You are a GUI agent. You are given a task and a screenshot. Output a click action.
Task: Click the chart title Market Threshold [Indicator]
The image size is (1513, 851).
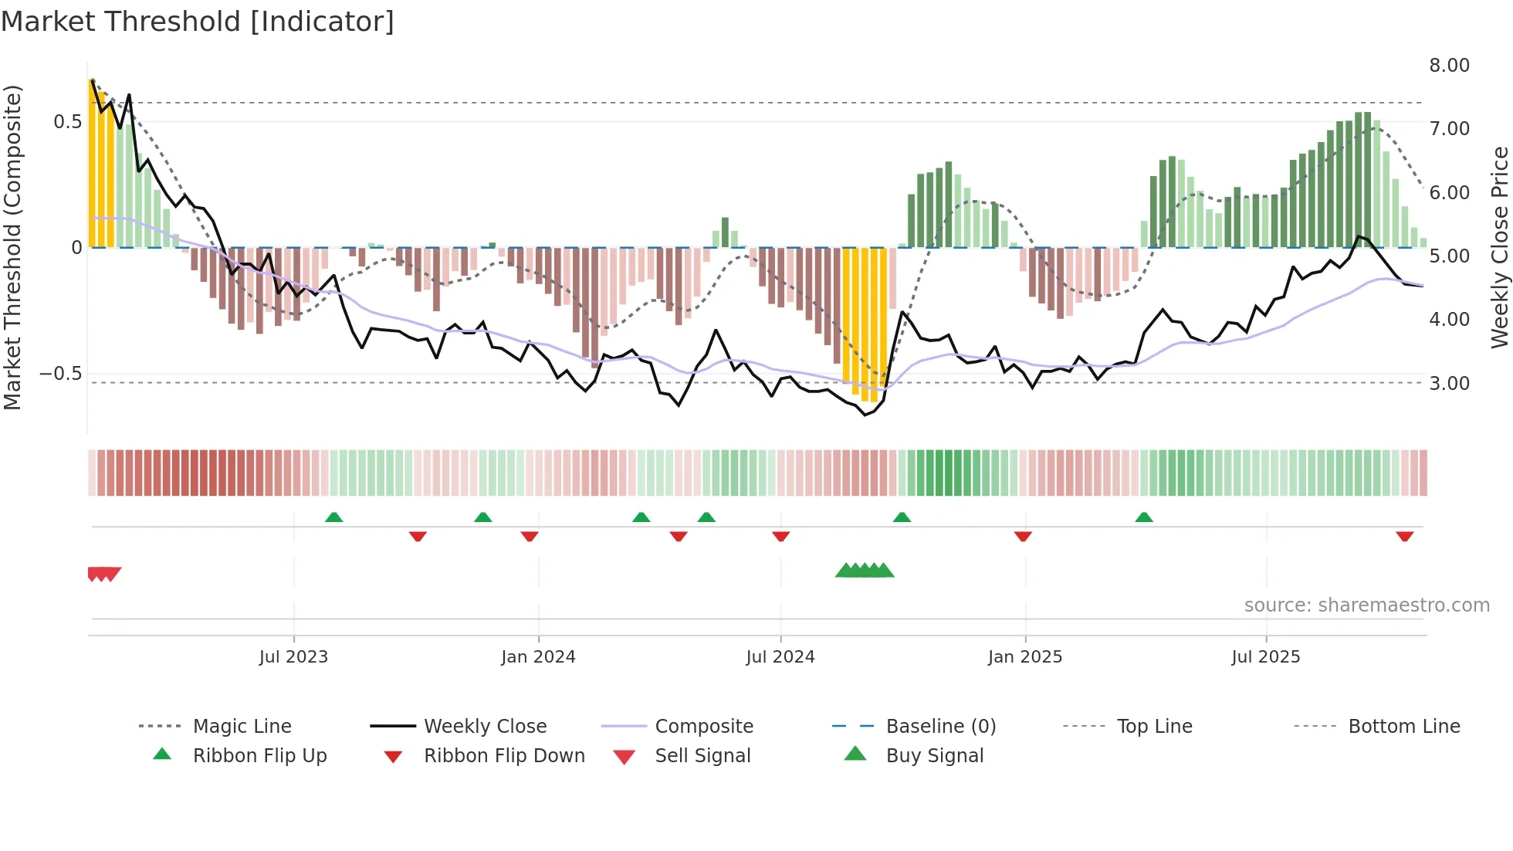point(198,22)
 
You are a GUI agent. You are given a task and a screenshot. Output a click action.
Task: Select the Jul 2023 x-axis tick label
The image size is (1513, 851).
point(293,657)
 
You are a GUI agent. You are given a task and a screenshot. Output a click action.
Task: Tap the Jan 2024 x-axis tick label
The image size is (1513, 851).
point(538,657)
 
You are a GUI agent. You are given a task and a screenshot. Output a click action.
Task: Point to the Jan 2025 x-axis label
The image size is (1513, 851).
point(1025,657)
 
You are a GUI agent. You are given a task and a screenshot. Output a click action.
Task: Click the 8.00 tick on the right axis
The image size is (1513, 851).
point(1449,66)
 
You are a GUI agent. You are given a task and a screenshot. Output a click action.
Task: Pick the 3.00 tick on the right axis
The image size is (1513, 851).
point(1449,384)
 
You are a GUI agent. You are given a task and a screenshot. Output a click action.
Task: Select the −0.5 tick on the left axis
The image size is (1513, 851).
point(61,374)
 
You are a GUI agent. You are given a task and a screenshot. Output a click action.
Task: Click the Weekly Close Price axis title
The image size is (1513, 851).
point(1499,247)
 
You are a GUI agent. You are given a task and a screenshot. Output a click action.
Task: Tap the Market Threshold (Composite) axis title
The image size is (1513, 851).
point(12,247)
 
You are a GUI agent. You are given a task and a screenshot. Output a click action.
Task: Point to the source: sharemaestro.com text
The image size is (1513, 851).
point(1366,605)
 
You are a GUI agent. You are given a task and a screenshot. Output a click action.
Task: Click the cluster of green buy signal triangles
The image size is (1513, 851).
point(865,571)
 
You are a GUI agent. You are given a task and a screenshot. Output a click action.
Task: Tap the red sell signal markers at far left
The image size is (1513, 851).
point(103,574)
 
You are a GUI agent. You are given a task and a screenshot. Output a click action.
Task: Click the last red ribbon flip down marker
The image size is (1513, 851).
point(1404,536)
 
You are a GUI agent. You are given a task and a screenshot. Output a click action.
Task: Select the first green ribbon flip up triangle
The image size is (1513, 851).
point(333,517)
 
